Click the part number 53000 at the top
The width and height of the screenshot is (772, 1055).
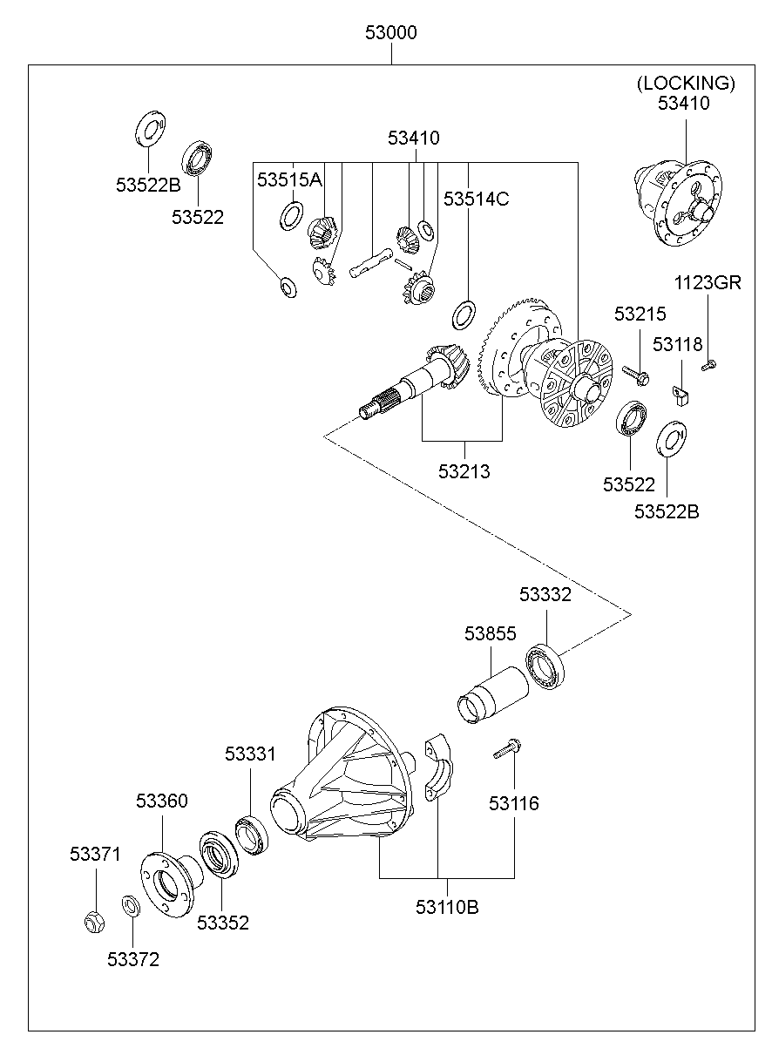pos(391,34)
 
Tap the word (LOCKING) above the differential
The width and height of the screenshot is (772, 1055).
pos(686,84)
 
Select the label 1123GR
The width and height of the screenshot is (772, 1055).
pos(707,283)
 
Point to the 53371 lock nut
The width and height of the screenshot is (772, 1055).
pos(95,919)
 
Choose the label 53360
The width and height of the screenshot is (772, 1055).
pos(161,801)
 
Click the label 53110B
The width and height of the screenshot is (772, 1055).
pos(447,907)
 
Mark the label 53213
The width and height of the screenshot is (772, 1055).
pos(464,471)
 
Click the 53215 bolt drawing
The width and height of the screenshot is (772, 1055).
pos(636,375)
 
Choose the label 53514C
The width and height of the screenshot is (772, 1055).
pos(476,199)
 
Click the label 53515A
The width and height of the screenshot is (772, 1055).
pos(289,179)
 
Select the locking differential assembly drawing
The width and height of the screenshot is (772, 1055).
pos(681,203)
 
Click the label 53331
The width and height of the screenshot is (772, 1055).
pos(250,754)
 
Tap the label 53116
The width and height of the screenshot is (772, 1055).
pos(513,803)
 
